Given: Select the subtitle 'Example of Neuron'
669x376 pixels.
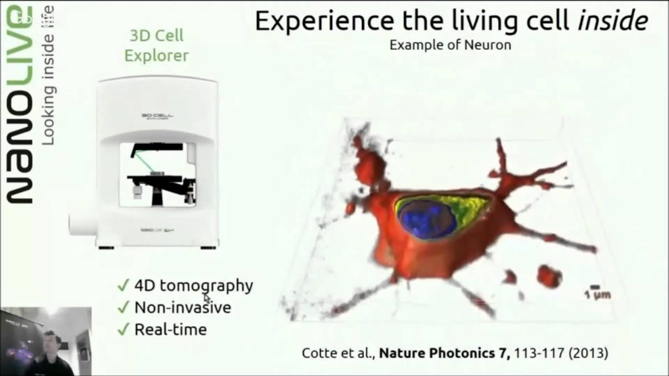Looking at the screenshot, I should [450, 45].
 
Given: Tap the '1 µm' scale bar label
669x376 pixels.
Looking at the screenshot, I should [597, 295].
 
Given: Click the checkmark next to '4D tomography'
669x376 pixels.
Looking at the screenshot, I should [123, 285].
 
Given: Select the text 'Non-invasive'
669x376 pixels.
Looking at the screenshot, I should [182, 307].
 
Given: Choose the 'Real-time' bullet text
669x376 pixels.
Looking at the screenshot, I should [170, 330].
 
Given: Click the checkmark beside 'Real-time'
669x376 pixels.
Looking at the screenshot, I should [123, 330].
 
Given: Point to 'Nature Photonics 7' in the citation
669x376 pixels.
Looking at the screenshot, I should [444, 354].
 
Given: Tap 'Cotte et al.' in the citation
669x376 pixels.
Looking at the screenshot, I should [338, 354].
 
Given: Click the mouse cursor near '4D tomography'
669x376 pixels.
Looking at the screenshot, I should [207, 298].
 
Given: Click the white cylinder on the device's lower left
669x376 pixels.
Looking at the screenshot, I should [83, 224].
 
